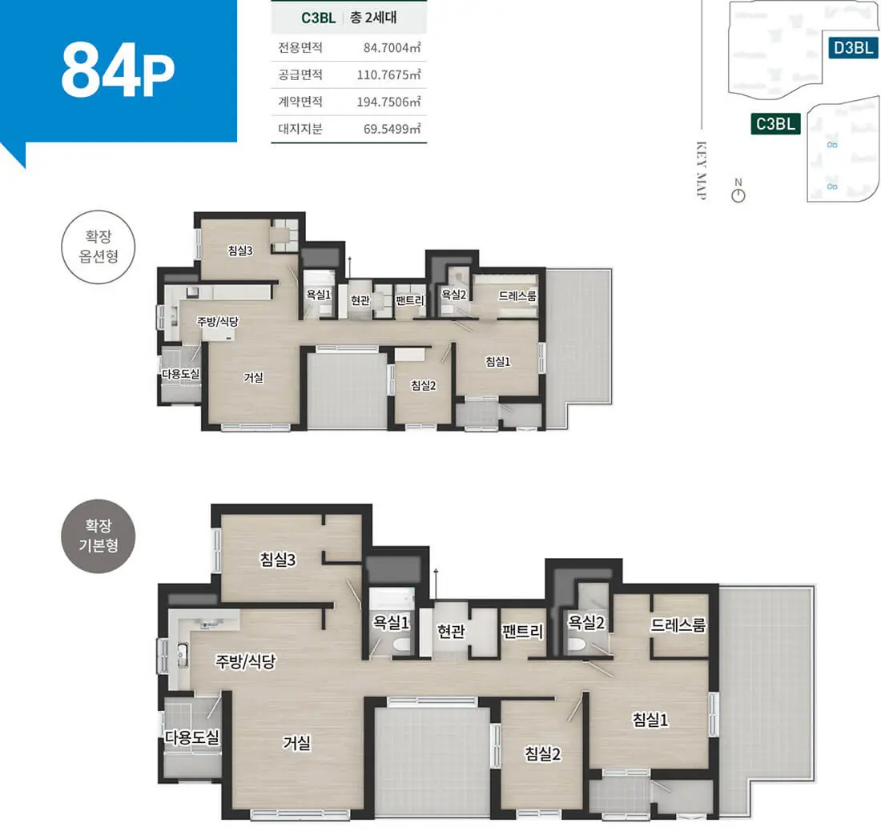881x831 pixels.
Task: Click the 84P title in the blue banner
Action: [118, 70]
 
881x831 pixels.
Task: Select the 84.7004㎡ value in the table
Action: [392, 48]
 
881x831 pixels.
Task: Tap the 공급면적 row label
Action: [300, 74]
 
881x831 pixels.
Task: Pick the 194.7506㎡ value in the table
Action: [388, 102]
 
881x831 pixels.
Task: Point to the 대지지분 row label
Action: [300, 129]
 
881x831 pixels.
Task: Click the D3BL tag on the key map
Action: [853, 48]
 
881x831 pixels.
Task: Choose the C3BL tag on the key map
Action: [775, 123]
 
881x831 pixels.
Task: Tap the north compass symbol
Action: [738, 191]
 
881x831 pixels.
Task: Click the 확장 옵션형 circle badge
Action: [99, 247]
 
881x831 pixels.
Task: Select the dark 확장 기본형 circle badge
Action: [99, 536]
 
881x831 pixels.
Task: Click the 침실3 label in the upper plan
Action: [240, 251]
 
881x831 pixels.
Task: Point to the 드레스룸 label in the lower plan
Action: [678, 625]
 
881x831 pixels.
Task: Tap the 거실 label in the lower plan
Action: [296, 743]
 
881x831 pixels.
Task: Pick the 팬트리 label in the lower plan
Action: [522, 632]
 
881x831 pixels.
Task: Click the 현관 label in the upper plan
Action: [360, 300]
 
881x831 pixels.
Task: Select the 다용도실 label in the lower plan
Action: [191, 737]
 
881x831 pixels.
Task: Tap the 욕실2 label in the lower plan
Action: [586, 622]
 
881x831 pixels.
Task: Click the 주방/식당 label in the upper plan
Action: [217, 321]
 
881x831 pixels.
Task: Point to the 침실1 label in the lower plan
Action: [650, 720]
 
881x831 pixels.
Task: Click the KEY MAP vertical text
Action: [702, 171]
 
